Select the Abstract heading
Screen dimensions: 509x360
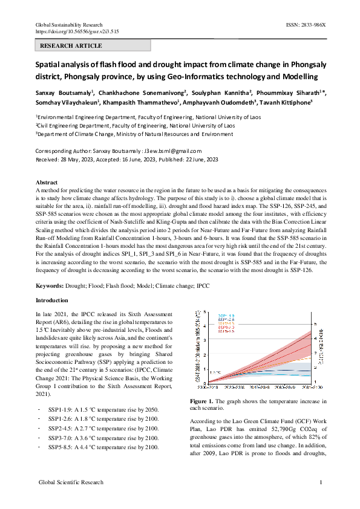47,182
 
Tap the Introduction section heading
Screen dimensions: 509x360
52,300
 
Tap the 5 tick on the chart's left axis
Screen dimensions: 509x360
205,312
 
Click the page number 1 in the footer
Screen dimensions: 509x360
320,482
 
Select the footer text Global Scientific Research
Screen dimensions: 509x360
71,482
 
